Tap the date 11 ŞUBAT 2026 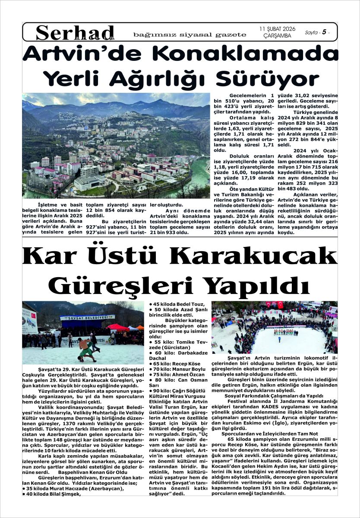277,28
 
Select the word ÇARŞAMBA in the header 277,36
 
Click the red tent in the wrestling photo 118,327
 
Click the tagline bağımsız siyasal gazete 190,35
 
